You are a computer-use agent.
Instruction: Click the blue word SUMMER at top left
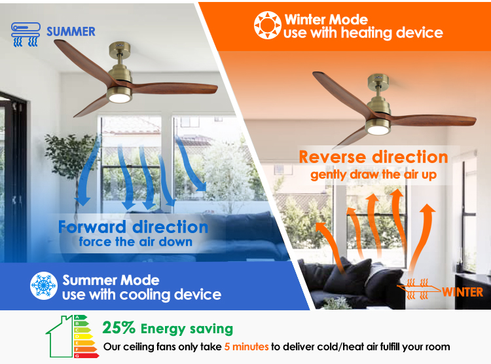pos(71,31)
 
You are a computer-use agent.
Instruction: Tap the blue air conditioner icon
pos(26,34)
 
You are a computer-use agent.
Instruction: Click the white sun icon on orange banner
pos(267,26)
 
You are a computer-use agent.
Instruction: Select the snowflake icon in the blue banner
pos(44,285)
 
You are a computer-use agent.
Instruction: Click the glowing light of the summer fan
pos(119,98)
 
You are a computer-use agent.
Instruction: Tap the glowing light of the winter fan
pos(378,130)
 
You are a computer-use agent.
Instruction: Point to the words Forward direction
pos(133,227)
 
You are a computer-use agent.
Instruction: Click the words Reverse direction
pos(373,157)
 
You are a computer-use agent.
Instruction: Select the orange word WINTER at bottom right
pos(462,292)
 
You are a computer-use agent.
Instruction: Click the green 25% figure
pos(118,328)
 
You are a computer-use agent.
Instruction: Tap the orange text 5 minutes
pos(246,347)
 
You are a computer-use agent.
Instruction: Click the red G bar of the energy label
pos(86,355)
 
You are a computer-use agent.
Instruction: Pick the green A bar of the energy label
pos(81,318)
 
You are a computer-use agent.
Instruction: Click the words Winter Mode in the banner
pos(326,20)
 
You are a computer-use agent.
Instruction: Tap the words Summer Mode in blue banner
pos(111,280)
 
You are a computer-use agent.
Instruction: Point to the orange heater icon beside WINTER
pos(419,289)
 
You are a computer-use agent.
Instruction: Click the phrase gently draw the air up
pos(373,175)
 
